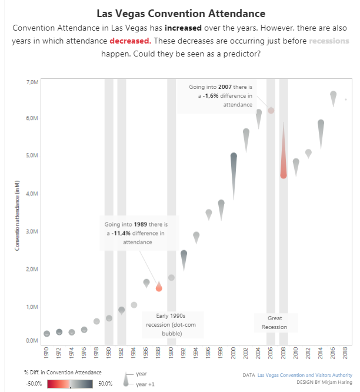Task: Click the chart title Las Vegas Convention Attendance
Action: point(180,13)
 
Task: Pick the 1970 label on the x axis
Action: point(46,352)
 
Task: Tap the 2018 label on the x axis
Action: point(346,352)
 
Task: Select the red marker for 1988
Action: point(159,287)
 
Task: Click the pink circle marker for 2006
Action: point(271,110)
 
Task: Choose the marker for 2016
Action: point(334,96)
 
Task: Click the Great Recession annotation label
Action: point(274,323)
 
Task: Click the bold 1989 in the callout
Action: point(140,225)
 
